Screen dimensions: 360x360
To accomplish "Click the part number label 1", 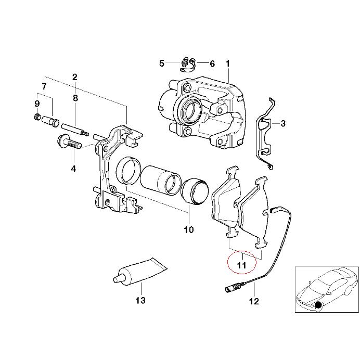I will click(227, 63).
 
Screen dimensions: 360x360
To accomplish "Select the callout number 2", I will click(75, 77).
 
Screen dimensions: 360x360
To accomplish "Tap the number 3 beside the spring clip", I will click(282, 124).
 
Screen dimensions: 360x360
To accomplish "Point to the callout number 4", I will click(73, 169).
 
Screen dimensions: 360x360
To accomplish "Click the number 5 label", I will click(162, 63).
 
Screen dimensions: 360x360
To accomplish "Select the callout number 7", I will click(44, 86).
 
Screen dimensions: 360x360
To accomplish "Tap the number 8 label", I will click(75, 98).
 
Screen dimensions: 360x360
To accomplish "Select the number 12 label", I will click(253, 301).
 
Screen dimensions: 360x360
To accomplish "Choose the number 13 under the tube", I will click(140, 300).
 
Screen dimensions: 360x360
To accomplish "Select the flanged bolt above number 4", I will click(68, 142).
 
